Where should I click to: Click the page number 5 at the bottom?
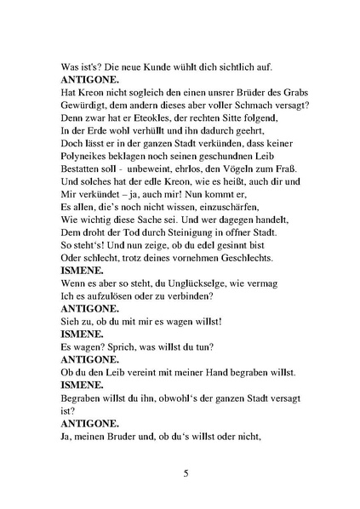click(185, 473)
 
